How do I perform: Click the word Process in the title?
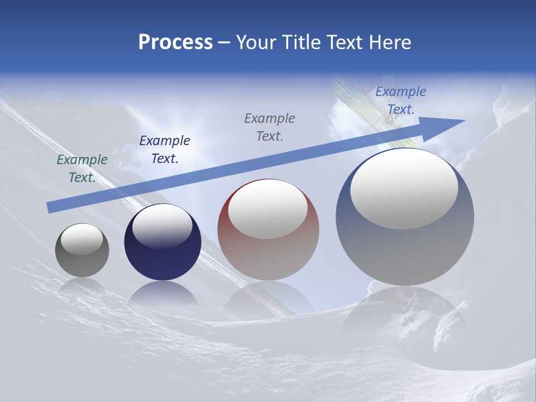(175, 42)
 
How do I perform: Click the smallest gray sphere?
(82, 260)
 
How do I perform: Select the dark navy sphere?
(162, 257)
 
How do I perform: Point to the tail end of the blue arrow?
(50, 207)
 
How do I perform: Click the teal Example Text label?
(82, 169)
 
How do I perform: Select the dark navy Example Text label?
(165, 150)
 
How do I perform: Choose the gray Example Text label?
(270, 127)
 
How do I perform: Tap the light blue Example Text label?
(401, 100)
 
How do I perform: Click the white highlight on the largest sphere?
(404, 188)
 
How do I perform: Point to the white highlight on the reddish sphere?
(267, 209)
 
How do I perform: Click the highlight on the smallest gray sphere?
(82, 239)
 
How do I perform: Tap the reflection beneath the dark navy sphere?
(162, 293)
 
